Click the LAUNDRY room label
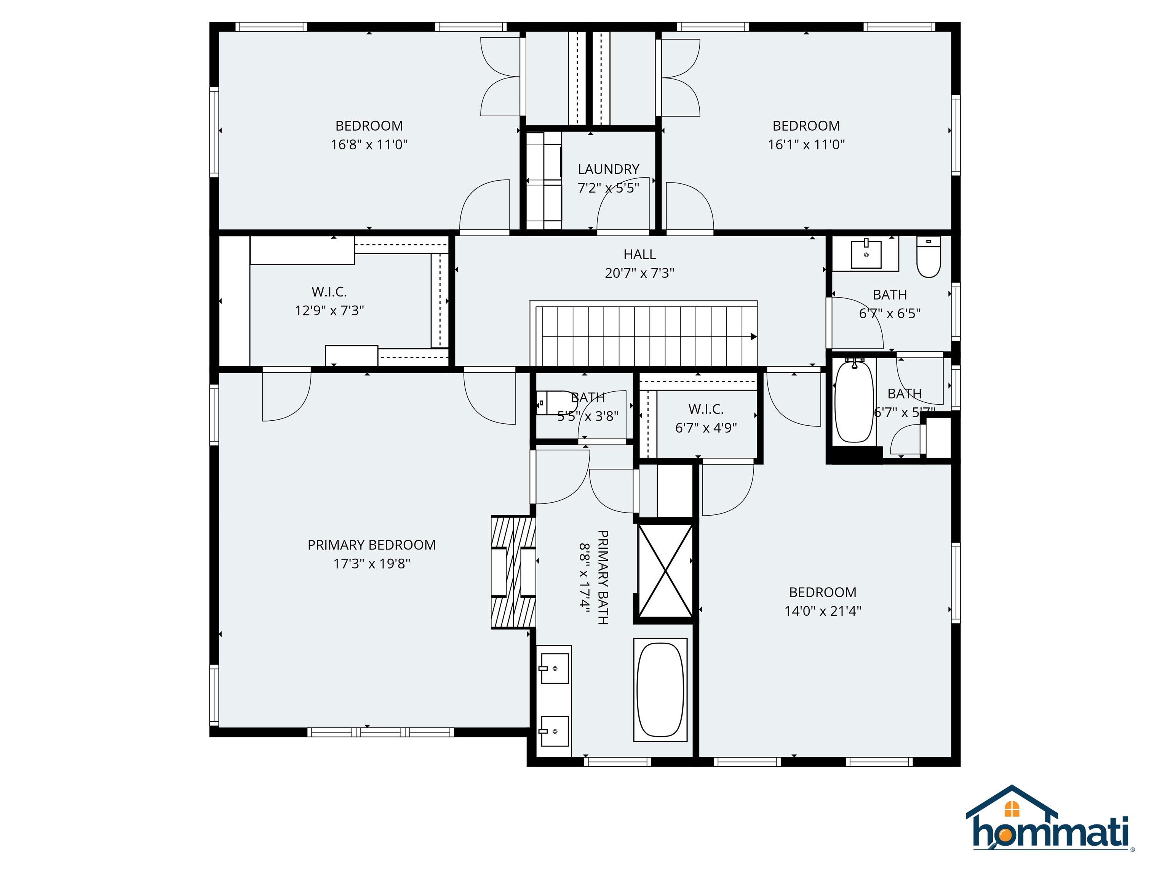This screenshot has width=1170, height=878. click(608, 169)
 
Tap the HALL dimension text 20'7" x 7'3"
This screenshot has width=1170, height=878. click(639, 273)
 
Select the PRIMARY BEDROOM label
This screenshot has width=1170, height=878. click(371, 545)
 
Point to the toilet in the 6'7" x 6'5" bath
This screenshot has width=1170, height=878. click(928, 258)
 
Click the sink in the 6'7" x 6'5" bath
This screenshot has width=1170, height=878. click(866, 255)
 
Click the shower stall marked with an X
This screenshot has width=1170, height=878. click(665, 570)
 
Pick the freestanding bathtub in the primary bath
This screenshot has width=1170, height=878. click(660, 690)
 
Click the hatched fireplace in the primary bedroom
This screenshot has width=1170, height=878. click(513, 572)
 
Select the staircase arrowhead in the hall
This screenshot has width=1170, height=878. click(754, 336)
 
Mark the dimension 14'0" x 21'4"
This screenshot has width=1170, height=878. click(823, 611)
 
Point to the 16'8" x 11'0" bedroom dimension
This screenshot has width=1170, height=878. click(369, 144)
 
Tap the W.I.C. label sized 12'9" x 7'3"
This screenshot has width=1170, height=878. click(329, 292)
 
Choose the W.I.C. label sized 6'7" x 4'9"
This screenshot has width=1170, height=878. click(706, 409)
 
